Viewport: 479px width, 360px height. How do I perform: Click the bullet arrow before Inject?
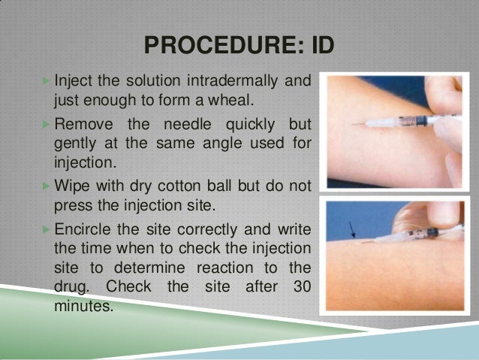click(x=47, y=80)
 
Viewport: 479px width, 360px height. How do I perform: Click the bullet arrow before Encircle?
click(x=47, y=226)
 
